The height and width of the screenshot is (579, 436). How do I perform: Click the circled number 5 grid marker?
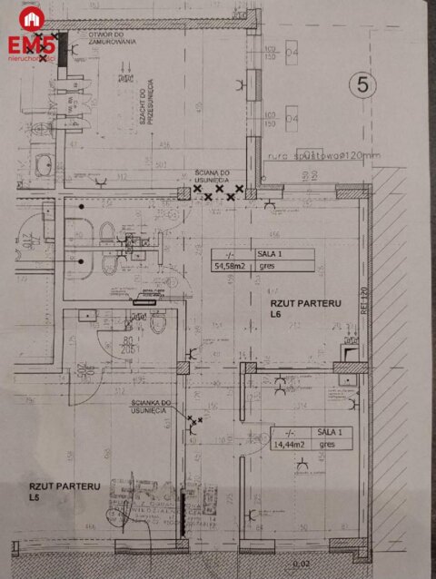(362, 85)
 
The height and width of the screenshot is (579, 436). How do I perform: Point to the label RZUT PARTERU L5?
(64, 491)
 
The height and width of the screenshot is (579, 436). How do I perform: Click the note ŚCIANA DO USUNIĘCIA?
(213, 176)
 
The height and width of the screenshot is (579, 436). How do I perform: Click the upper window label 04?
(292, 52)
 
